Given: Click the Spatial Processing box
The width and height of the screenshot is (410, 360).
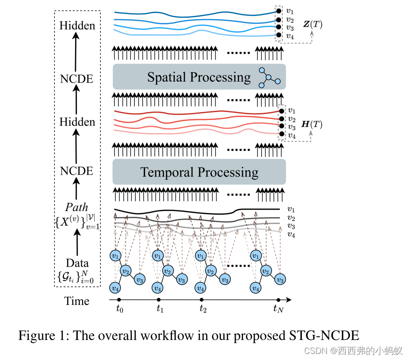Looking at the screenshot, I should (199, 77).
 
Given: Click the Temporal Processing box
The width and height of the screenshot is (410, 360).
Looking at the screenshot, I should (199, 172).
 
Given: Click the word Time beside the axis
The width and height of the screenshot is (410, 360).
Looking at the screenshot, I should (77, 301).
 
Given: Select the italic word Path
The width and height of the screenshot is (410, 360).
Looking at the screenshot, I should (77, 206).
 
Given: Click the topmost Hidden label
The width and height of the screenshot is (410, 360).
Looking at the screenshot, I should (77, 25).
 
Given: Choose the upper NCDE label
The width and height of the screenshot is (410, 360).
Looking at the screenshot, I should (77, 78).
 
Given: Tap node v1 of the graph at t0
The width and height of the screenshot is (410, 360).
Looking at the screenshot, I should (115, 256).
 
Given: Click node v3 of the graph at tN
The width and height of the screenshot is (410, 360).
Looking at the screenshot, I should (280, 280).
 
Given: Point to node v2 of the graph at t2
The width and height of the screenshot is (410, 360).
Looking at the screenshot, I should (211, 271).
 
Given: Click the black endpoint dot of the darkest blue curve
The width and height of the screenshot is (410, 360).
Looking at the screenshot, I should (278, 11).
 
